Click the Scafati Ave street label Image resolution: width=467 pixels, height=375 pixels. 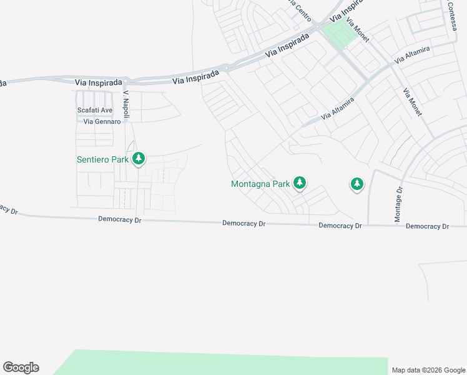[94, 110]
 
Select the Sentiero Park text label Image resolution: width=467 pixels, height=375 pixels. [102, 159]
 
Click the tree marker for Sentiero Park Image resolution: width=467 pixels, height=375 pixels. [138, 159]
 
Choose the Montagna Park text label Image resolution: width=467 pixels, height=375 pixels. [260, 184]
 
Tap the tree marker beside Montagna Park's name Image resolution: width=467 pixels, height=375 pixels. [300, 182]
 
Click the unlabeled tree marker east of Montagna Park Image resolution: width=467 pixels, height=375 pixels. [356, 184]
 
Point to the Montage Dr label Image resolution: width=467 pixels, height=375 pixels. [398, 204]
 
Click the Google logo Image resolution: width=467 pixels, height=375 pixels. [21, 367]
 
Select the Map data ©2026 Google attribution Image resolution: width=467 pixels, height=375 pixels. [428, 370]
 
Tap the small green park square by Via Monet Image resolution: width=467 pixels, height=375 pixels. [339, 34]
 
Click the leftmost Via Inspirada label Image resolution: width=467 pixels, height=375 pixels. [96, 82]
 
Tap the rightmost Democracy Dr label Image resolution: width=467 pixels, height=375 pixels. [427, 226]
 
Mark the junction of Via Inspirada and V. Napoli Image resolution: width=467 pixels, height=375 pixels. [126, 81]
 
